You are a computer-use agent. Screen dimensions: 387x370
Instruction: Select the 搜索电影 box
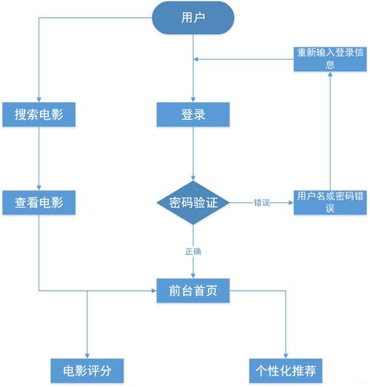click(x=38, y=115)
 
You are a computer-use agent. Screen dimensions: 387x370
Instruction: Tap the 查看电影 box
click(x=38, y=202)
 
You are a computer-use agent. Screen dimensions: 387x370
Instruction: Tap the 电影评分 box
click(x=87, y=369)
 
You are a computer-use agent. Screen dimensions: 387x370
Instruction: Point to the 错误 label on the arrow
click(x=261, y=202)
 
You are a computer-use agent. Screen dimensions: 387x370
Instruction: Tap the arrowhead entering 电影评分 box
click(x=87, y=354)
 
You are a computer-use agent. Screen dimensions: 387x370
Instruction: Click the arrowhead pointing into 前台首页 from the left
click(x=153, y=290)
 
